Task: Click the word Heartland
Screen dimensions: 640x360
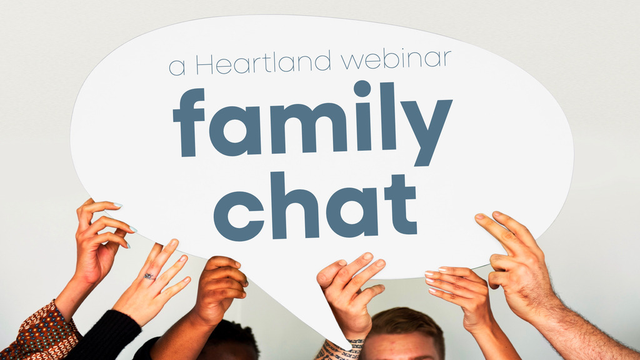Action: (x=262, y=63)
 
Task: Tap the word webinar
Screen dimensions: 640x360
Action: (x=396, y=59)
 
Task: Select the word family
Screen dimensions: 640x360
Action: (x=312, y=123)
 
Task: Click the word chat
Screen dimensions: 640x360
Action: (x=315, y=206)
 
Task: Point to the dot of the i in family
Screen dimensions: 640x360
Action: (x=362, y=89)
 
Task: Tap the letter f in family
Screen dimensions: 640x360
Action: (x=188, y=122)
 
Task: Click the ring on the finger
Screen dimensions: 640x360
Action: (x=149, y=276)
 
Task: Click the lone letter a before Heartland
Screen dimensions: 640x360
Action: (x=177, y=67)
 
